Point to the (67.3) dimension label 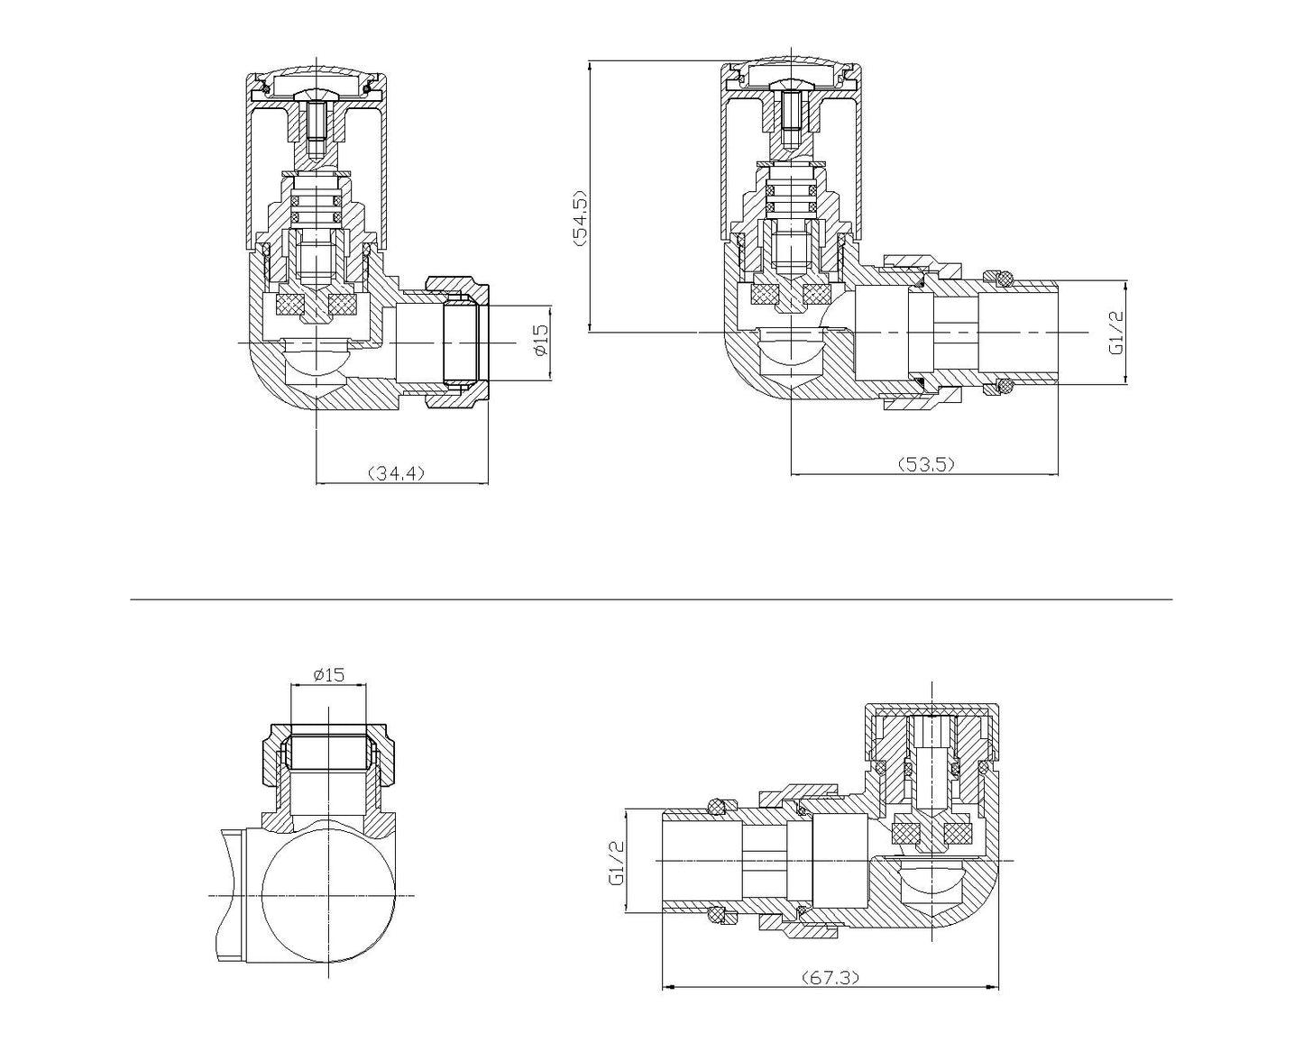830,976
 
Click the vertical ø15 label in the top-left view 540,339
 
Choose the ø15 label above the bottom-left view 329,674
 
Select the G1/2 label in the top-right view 1115,333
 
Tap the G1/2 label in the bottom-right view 616,862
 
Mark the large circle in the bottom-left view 329,894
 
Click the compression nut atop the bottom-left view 329,752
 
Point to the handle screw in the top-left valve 316,126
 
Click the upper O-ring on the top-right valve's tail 996,279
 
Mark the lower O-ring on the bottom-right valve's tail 718,916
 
